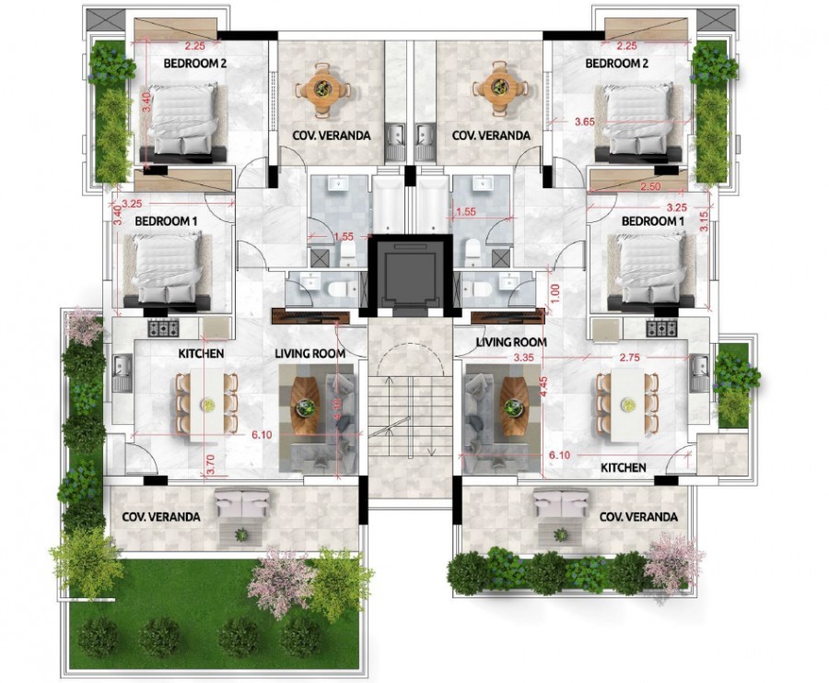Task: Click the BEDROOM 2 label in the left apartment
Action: coord(195,64)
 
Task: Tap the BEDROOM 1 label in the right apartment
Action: coord(652,221)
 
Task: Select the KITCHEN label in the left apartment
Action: coord(201,353)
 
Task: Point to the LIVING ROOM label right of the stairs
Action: coord(511,342)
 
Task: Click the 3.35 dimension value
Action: coord(524,356)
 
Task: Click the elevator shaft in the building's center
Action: coord(409,274)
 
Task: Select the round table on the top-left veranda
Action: coord(323,89)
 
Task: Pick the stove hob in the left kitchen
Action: coord(163,327)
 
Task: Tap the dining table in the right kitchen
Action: coord(627,402)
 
